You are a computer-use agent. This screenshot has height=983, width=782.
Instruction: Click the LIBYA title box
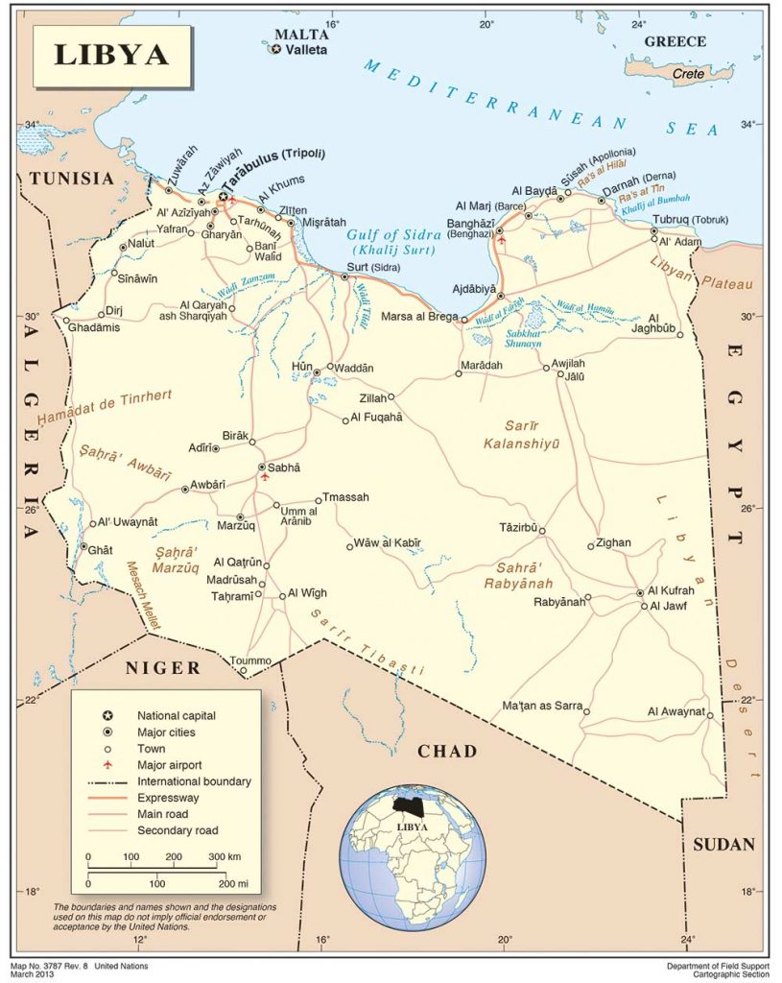(111, 57)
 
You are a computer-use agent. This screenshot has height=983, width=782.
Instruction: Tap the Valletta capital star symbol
(276, 49)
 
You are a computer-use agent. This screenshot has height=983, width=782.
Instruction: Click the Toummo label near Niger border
(250, 660)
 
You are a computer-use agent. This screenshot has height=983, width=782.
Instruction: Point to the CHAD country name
(446, 751)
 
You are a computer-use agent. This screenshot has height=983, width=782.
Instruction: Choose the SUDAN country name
(723, 845)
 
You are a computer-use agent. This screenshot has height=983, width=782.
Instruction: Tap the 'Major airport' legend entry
(169, 765)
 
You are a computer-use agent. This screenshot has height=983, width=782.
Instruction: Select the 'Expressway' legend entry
(168, 798)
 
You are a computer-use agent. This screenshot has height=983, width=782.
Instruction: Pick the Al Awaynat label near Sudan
(675, 711)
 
